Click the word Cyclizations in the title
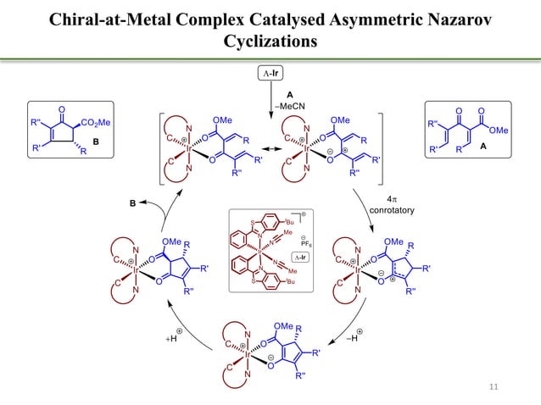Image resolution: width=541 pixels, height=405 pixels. [x=270, y=41]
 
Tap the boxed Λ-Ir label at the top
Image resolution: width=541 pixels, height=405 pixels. [x=270, y=76]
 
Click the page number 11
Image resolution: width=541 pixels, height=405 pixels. [x=496, y=388]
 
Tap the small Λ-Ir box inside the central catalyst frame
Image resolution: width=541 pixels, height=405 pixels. [x=300, y=257]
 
